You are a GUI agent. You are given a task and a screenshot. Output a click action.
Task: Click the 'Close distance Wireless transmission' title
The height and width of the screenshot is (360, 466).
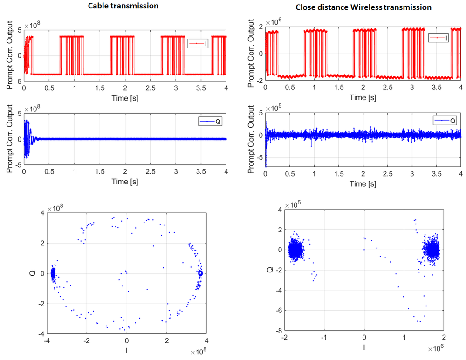coord(363,7)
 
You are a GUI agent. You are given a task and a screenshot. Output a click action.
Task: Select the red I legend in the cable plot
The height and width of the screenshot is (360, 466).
coord(198,43)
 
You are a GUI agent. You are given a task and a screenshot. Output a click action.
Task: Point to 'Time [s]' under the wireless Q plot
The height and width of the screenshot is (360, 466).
coord(363,184)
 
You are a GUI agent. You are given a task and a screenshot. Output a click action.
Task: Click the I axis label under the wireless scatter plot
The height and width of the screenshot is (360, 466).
coord(364,347)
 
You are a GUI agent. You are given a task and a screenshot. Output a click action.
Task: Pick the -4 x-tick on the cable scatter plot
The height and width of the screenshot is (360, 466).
coord(45,340)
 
